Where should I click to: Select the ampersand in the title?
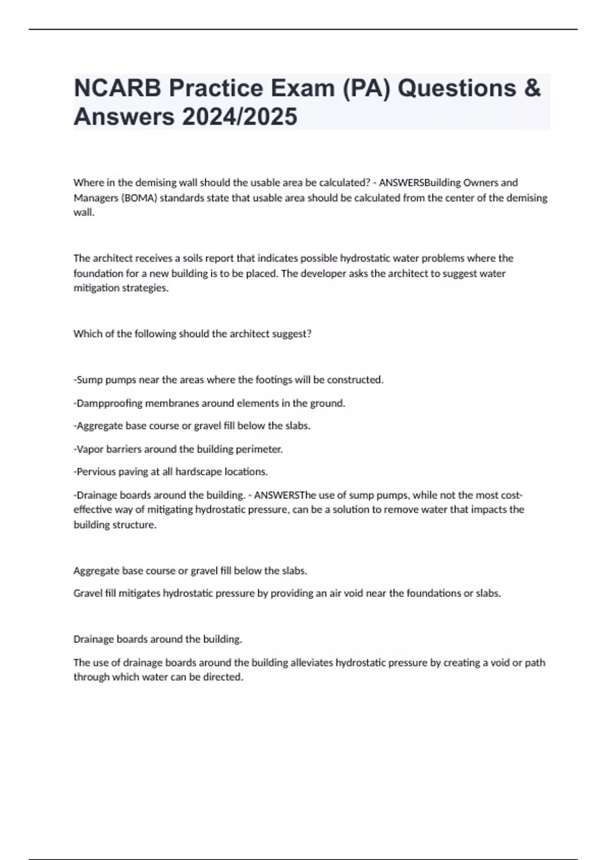532,88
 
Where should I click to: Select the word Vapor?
90,449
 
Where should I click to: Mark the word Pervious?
95,471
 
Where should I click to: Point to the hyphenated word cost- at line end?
511,495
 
